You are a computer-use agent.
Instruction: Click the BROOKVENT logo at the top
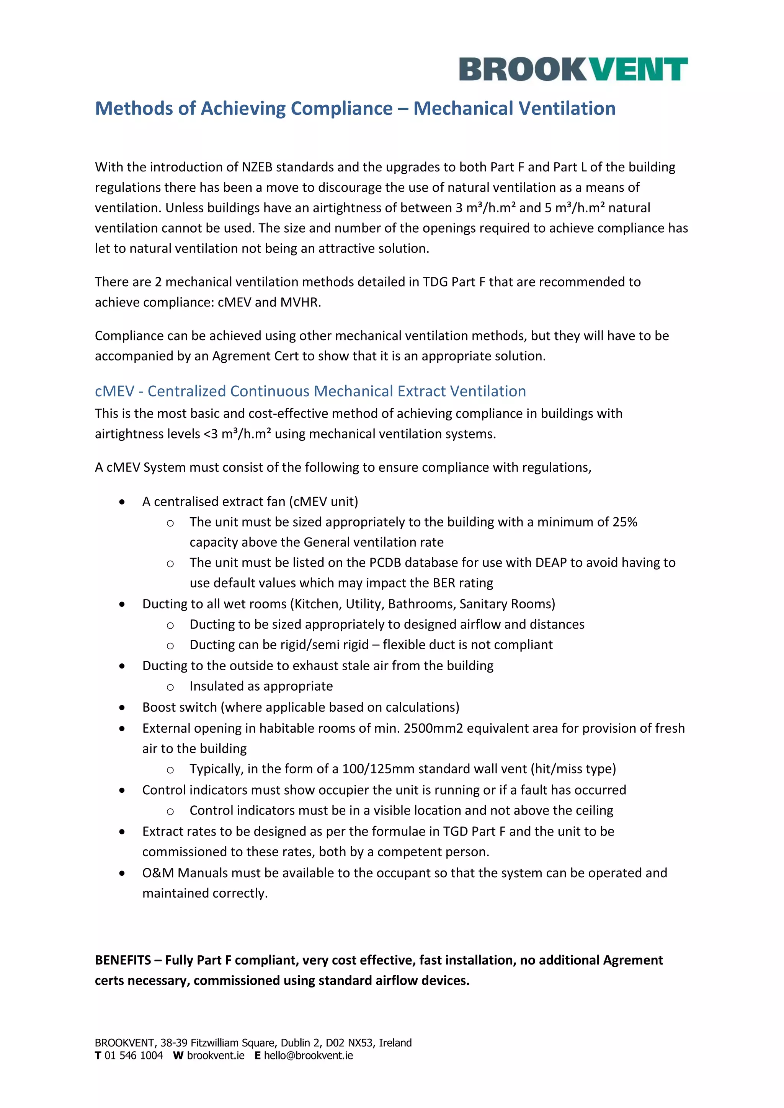pos(573,69)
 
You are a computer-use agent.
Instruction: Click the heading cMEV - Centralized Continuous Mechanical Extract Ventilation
pos(310,391)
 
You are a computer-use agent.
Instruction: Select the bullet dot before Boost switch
pos(122,708)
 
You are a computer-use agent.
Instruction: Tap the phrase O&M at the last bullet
pos(158,873)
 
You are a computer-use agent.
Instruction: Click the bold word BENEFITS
pos(122,960)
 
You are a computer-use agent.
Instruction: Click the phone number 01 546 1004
pos(134,1056)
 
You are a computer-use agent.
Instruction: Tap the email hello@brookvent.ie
pos(308,1056)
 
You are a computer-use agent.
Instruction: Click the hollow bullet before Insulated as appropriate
pos(170,687)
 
